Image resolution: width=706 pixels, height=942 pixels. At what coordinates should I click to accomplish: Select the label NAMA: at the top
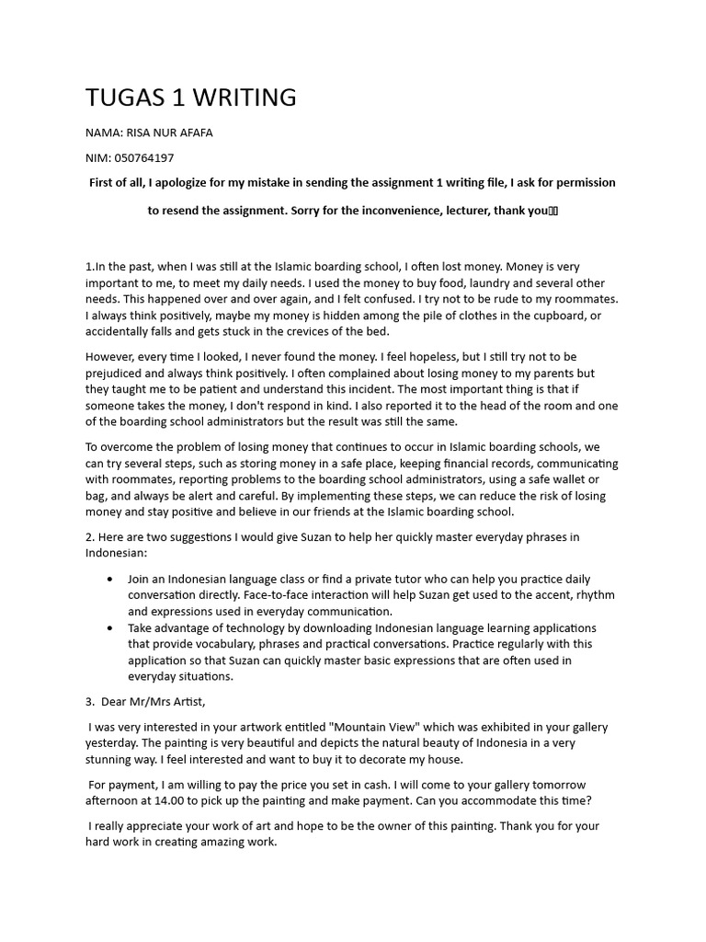tap(104, 132)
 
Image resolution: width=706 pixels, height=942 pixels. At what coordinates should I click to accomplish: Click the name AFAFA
tap(195, 132)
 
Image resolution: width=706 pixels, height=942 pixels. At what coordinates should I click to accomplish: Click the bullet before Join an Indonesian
tap(111, 579)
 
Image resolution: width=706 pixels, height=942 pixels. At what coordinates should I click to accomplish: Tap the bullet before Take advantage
tap(111, 628)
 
